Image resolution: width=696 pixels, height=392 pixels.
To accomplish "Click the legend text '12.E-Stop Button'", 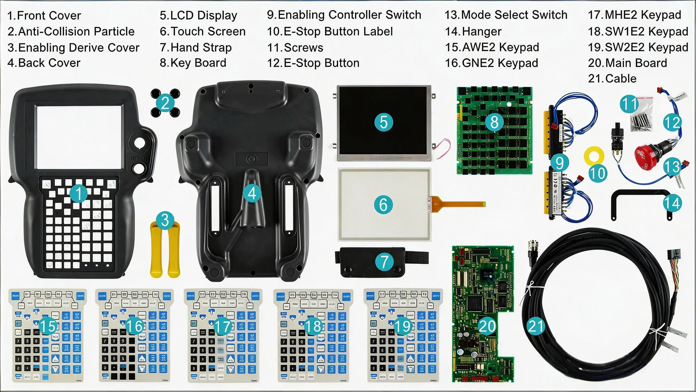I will click(313, 63).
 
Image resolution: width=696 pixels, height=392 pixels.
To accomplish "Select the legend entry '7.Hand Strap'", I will click(195, 48).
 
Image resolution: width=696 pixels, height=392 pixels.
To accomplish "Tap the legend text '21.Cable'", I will click(612, 79).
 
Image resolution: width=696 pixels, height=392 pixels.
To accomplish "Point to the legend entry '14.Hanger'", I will click(473, 32).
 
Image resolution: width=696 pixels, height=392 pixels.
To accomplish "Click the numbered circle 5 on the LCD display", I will click(383, 122).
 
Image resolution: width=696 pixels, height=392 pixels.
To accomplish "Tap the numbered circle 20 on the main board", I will click(487, 326).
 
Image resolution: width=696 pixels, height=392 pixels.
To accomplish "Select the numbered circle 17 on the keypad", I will click(223, 326).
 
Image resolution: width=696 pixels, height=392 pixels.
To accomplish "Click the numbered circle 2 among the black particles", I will click(165, 103).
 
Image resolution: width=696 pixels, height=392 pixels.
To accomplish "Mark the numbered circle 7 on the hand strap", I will click(384, 262).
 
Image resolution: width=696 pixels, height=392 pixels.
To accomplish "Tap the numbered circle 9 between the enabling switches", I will click(560, 163).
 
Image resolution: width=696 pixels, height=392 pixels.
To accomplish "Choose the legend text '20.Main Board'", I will click(627, 63).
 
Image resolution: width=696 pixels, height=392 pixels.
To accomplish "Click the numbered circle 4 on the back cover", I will click(252, 194).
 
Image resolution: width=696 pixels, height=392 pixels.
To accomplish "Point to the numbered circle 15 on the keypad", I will click(48, 326).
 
